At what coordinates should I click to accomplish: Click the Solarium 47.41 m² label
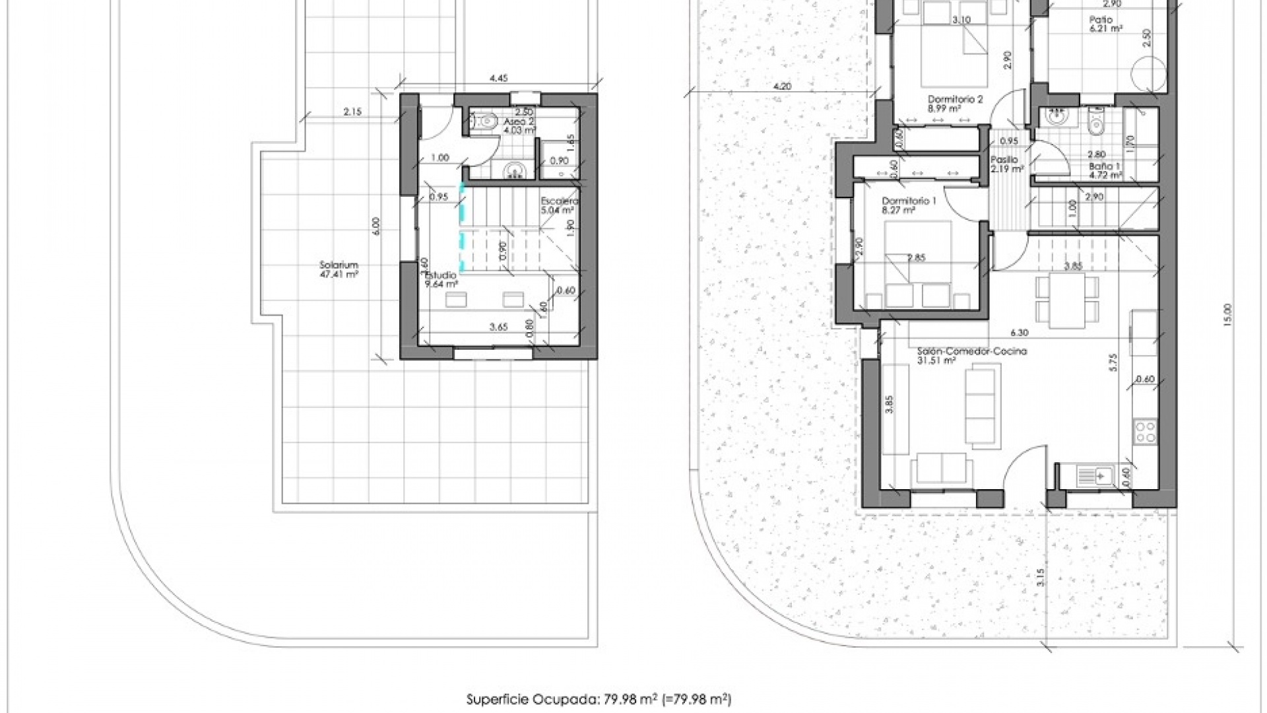tap(339, 269)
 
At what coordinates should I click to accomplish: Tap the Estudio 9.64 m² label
tap(441, 280)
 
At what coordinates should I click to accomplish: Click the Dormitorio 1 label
tap(908, 205)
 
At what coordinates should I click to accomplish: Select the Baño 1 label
tap(1105, 171)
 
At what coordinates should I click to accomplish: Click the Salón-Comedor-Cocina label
tap(971, 356)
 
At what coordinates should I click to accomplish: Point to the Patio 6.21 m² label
tap(1107, 24)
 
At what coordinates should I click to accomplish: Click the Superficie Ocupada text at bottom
tap(599, 698)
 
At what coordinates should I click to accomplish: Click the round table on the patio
tap(1147, 71)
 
